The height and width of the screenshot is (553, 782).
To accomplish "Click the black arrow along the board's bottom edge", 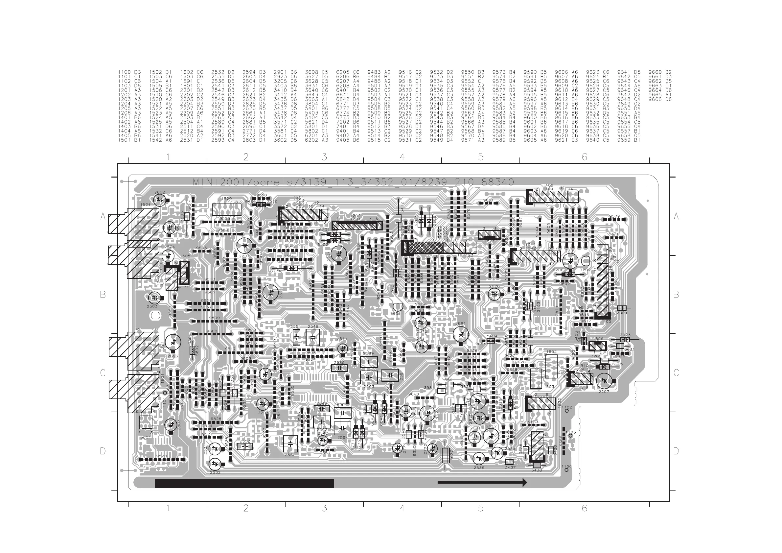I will [482, 482].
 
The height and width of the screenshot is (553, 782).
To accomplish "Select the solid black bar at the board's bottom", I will [244, 483].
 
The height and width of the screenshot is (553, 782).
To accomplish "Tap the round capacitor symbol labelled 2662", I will [159, 200].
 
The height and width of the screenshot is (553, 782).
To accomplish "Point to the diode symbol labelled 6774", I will [291, 268].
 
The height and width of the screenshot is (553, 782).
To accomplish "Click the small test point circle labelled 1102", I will [566, 411].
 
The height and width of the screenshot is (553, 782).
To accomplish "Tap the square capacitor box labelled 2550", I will [290, 444].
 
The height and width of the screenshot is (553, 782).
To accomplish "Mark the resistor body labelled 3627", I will [445, 455].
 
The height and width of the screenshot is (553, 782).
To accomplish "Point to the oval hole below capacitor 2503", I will [155, 316].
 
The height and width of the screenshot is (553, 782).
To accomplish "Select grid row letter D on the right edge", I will [676, 451].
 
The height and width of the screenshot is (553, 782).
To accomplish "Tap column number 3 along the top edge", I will [324, 157].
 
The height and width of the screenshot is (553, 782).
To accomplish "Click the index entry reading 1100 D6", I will [129, 72].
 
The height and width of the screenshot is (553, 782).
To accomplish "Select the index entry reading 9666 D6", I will [660, 100].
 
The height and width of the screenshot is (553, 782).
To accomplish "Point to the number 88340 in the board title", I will [498, 182].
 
